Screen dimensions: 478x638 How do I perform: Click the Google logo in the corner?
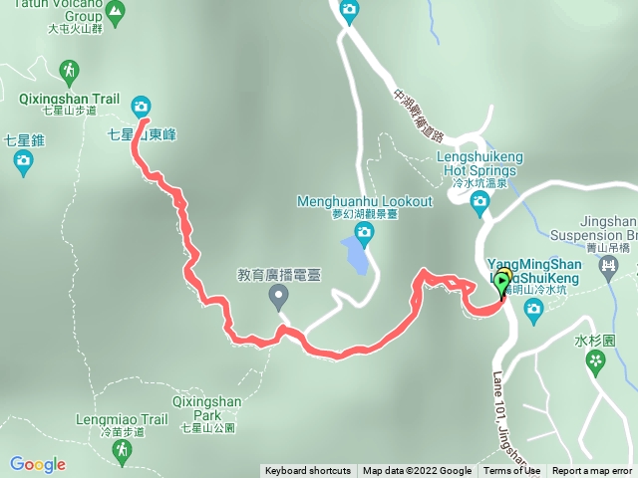tap(38, 464)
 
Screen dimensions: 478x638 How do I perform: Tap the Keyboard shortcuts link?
tap(308, 471)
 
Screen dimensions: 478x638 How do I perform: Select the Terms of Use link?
tap(512, 471)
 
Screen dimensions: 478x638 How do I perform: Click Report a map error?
tap(592, 471)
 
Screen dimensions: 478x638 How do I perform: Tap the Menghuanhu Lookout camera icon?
tap(365, 234)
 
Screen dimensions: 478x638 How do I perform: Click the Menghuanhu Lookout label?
tap(365, 201)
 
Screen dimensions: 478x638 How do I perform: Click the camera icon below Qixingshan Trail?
tap(141, 106)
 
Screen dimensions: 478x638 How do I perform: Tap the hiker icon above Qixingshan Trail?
tap(70, 72)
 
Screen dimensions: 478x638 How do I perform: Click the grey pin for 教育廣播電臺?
tap(279, 296)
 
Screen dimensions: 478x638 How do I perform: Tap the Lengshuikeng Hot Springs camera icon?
tap(479, 204)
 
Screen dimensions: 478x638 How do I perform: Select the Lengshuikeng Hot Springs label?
tap(479, 162)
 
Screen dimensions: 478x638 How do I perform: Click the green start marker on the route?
tap(501, 283)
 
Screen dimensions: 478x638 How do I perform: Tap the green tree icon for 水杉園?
tap(596, 361)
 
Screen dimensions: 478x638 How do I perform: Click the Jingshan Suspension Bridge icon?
tap(607, 266)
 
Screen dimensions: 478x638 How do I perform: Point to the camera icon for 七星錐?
tap(24, 162)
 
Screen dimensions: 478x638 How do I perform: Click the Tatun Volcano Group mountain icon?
tap(116, 12)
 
